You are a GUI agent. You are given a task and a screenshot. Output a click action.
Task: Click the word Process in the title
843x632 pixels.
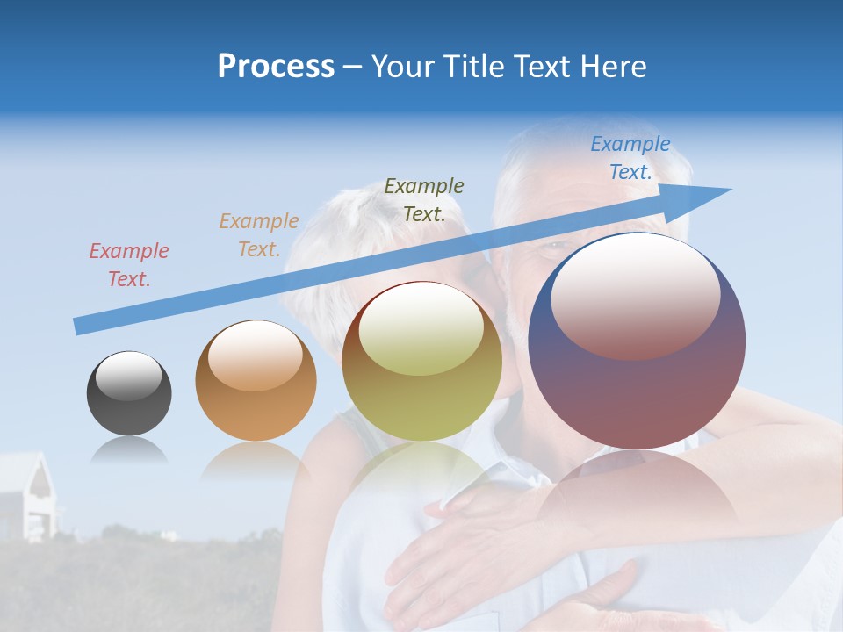276,67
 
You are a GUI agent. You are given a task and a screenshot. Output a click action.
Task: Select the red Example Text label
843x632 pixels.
129,265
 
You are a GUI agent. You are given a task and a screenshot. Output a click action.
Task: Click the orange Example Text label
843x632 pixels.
259,235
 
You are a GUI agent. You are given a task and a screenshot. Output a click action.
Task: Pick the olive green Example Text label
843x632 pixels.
424,200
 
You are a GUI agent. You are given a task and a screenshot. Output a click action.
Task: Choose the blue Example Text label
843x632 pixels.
630,158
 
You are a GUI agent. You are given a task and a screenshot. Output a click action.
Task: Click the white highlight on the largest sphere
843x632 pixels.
635,294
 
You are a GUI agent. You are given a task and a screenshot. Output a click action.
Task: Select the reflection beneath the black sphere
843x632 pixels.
129,451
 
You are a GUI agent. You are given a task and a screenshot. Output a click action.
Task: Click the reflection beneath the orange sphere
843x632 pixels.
256,460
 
